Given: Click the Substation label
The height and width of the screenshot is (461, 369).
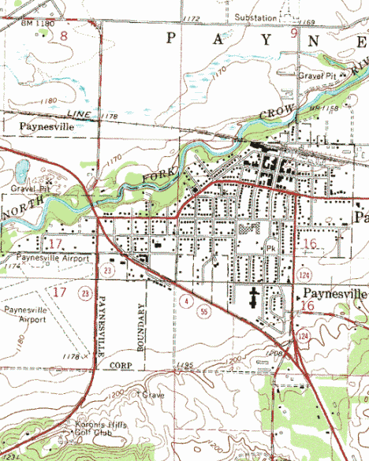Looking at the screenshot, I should click(x=256, y=16).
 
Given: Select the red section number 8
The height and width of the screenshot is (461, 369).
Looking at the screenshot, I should click(x=63, y=35).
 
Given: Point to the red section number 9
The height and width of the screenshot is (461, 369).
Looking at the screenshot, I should click(x=294, y=33).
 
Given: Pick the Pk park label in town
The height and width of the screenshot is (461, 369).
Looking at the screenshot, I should click(x=271, y=247).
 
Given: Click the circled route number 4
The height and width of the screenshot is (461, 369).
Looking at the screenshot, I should click(x=184, y=301).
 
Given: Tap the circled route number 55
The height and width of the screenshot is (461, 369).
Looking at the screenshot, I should click(x=204, y=313).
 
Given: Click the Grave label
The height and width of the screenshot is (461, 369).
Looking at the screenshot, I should click(x=152, y=393).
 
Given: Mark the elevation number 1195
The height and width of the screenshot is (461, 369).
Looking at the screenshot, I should click(x=185, y=365).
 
